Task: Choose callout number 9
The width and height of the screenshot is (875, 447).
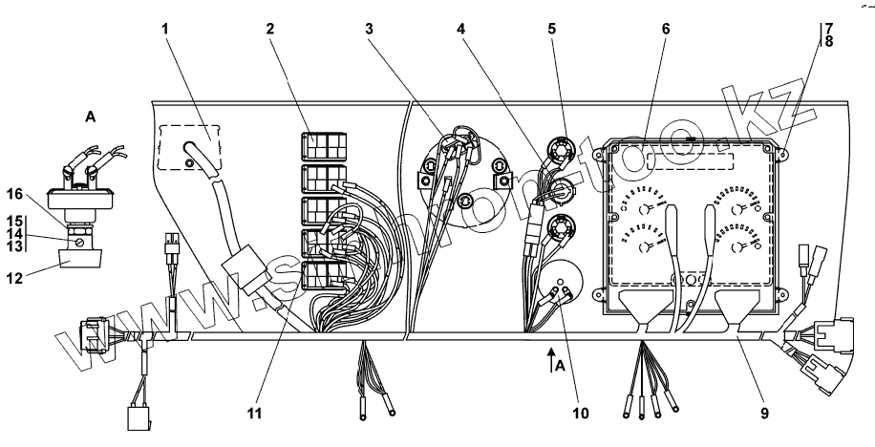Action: (x=765, y=414)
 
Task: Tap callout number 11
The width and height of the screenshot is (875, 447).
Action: (x=252, y=414)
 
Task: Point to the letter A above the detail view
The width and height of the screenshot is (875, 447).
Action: (x=91, y=117)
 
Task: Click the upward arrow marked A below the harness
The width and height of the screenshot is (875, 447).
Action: (x=551, y=358)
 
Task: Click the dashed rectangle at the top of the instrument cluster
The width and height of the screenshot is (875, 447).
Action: (x=690, y=160)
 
